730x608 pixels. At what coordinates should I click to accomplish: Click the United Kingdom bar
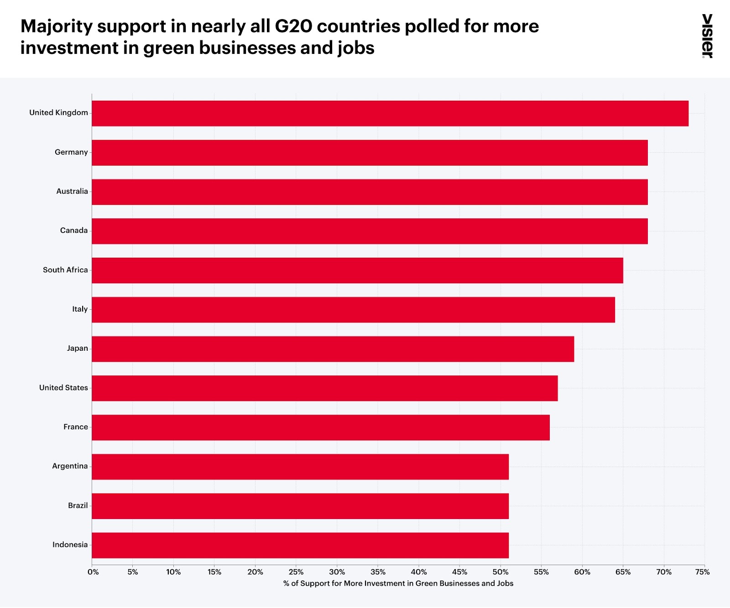click(390, 113)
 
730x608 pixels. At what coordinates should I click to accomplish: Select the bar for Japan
click(333, 349)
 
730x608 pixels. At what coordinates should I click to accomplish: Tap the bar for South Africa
click(357, 270)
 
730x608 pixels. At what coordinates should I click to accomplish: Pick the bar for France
click(321, 427)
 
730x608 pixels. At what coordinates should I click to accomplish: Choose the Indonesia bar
click(300, 545)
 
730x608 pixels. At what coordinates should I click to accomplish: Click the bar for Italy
click(353, 310)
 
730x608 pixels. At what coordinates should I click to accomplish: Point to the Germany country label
click(71, 152)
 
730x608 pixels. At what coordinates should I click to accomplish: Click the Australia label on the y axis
click(72, 192)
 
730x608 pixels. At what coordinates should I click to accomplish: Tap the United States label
click(63, 388)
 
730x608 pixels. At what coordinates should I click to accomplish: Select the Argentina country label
click(70, 466)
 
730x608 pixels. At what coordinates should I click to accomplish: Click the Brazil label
click(78, 505)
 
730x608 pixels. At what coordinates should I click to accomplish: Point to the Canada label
click(74, 231)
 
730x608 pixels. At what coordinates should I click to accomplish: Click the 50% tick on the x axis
click(501, 572)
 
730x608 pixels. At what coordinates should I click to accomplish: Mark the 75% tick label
click(703, 572)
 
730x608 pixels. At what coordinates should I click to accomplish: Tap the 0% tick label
click(93, 572)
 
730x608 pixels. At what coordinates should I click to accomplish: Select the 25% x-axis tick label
click(296, 572)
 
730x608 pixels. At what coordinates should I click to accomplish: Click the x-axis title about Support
click(398, 583)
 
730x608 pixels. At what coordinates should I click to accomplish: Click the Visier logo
click(707, 36)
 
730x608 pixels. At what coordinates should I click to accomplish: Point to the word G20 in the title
click(293, 26)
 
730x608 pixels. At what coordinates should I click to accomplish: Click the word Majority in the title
click(57, 26)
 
